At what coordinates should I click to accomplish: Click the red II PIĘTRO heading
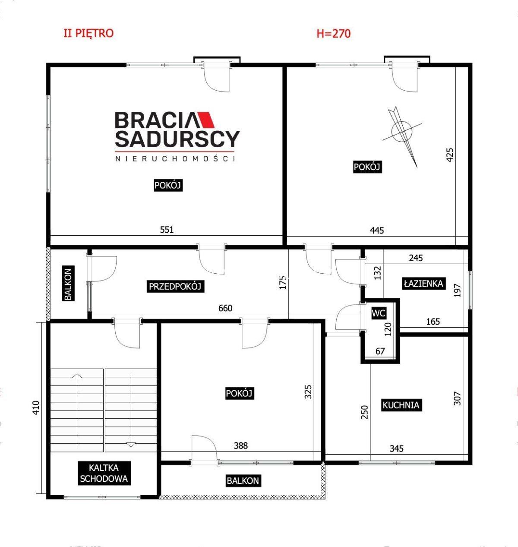click(88, 33)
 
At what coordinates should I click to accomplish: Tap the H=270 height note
click(334, 34)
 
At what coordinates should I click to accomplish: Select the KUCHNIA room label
click(401, 405)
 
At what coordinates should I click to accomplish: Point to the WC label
click(379, 313)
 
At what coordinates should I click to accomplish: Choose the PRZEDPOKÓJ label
click(175, 287)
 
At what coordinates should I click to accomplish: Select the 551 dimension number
click(167, 230)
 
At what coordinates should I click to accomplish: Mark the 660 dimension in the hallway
click(225, 308)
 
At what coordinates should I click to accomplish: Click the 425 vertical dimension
click(449, 155)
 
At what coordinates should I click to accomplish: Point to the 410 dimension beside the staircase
click(36, 407)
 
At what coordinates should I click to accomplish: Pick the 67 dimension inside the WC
click(380, 351)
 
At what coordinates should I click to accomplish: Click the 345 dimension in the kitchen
click(396, 449)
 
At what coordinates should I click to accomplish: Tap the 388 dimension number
click(240, 446)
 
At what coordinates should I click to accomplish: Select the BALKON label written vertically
click(68, 284)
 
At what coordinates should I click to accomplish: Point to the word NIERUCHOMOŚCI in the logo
click(175, 158)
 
